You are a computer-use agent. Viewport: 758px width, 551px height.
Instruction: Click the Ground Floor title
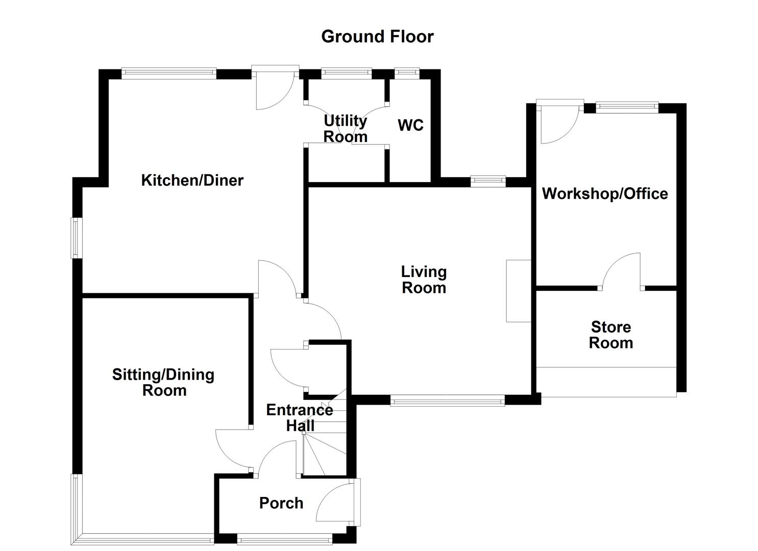click(x=377, y=37)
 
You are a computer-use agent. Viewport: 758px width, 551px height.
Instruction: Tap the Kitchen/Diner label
click(x=192, y=180)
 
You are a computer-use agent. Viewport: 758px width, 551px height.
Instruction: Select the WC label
click(x=410, y=125)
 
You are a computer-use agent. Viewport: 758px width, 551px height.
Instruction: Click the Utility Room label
click(x=346, y=129)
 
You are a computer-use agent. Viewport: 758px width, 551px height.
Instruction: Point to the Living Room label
click(x=424, y=280)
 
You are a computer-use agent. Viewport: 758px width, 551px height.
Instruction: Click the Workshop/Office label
click(x=605, y=193)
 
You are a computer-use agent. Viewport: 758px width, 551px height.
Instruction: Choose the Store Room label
click(x=610, y=335)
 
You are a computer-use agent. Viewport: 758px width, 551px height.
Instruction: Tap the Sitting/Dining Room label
click(x=163, y=383)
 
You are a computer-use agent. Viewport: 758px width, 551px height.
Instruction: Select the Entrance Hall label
click(x=300, y=417)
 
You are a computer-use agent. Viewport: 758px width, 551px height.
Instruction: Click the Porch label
click(x=281, y=503)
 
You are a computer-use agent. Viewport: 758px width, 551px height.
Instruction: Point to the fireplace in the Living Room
click(x=518, y=291)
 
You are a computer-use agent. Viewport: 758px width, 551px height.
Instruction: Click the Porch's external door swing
click(x=334, y=503)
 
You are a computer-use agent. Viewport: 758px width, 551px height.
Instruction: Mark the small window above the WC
click(x=407, y=73)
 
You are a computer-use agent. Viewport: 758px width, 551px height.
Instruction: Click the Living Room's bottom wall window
click(x=447, y=401)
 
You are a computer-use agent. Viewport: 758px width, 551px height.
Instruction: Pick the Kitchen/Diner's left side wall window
click(x=76, y=238)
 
